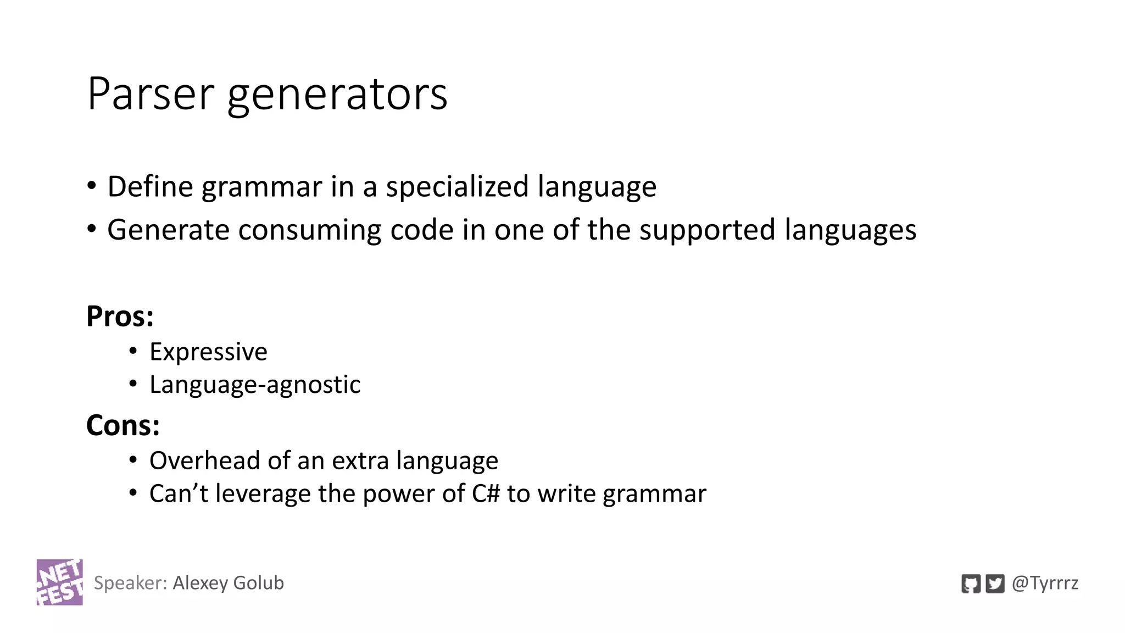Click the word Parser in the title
click(x=149, y=94)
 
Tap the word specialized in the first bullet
click(x=456, y=187)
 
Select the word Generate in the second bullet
click(x=168, y=230)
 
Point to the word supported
click(x=707, y=230)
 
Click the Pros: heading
click(x=120, y=316)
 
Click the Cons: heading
click(x=122, y=426)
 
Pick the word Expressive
click(x=208, y=352)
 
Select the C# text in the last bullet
click(x=486, y=493)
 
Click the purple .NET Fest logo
click(x=60, y=582)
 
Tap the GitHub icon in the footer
click(x=971, y=583)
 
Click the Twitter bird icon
click(x=995, y=583)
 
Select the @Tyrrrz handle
click(x=1045, y=583)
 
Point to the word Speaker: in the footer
click(x=130, y=583)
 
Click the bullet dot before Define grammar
click(x=92, y=185)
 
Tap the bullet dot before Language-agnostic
click(x=133, y=383)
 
